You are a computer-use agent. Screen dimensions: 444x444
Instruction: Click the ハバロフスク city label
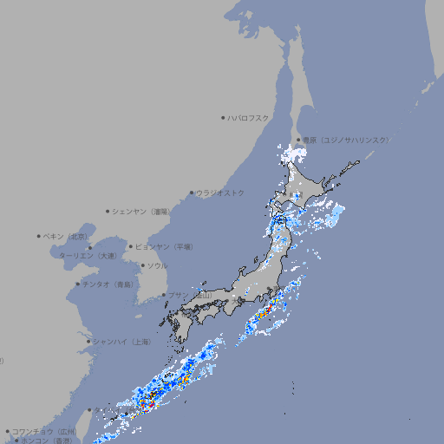click(x=249, y=118)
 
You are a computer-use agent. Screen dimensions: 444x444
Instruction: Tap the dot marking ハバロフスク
click(x=223, y=118)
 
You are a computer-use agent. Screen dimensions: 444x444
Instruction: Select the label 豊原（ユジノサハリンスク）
click(x=346, y=140)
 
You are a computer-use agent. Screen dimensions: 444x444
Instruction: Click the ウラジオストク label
click(x=220, y=193)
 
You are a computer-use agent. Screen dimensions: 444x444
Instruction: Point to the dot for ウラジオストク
click(x=192, y=193)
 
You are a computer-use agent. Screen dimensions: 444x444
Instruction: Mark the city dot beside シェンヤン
click(x=108, y=211)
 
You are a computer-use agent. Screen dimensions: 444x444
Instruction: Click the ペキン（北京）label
click(x=67, y=236)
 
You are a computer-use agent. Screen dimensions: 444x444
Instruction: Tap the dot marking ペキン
click(x=39, y=236)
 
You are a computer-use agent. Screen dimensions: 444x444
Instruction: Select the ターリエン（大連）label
click(x=88, y=256)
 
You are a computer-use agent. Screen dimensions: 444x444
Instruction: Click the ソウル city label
click(x=157, y=265)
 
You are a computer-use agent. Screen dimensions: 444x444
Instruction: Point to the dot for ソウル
click(x=142, y=265)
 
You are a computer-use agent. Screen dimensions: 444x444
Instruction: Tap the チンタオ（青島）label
click(x=108, y=284)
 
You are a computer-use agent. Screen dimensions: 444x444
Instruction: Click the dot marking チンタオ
click(x=77, y=284)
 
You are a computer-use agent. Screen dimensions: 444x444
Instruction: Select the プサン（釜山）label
click(x=190, y=296)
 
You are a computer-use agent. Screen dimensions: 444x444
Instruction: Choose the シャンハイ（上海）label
click(x=121, y=342)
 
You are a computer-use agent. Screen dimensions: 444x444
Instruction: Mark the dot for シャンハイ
click(x=88, y=342)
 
